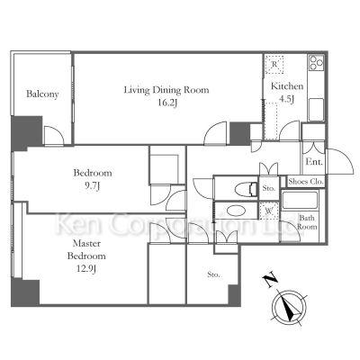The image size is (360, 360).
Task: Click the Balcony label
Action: [42, 94]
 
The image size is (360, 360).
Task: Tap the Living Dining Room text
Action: [166, 90]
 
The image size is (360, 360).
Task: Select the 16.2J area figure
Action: [167, 103]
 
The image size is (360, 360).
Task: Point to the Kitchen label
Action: [287, 86]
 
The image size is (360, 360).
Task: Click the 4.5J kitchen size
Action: [286, 99]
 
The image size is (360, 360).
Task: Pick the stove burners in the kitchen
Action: [316, 63]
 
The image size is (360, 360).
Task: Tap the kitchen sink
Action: [316, 109]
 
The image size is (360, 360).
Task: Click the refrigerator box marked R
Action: [274, 64]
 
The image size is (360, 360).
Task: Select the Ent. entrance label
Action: [314, 162]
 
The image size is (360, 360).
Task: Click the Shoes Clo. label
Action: [306, 182]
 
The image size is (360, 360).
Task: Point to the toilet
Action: [246, 189]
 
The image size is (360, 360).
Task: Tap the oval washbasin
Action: [237, 211]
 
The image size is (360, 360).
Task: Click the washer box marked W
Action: [269, 210]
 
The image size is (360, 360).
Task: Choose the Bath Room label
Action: [307, 222]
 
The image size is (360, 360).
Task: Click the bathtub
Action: [300, 200]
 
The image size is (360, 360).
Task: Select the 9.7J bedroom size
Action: [92, 186]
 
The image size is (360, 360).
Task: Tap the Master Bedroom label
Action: [86, 249]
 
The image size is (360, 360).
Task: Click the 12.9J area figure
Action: [86, 269]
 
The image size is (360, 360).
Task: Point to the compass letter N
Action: [270, 280]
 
